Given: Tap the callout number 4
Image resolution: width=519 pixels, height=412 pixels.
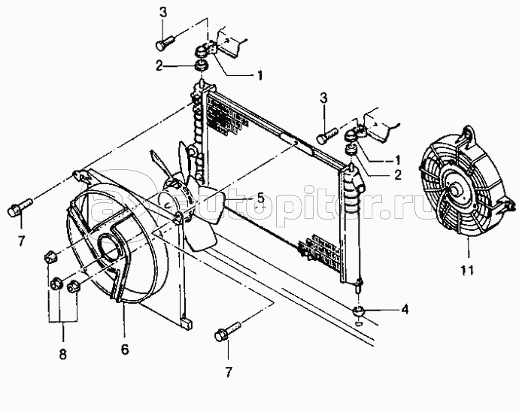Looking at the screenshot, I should click(x=405, y=309).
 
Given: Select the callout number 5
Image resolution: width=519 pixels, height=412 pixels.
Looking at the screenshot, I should click(x=259, y=198).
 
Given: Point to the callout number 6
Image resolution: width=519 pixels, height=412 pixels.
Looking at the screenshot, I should click(x=125, y=349).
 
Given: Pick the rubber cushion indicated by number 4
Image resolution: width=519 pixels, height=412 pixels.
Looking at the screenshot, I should click(x=360, y=311).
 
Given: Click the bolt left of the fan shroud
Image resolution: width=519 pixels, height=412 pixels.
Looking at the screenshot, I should click(x=20, y=204).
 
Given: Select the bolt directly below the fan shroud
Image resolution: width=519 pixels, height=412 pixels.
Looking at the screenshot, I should click(x=228, y=334).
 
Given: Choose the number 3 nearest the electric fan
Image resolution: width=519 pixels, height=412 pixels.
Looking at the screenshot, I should click(x=323, y=98).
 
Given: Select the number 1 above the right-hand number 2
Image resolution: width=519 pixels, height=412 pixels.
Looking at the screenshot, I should click(x=397, y=159).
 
